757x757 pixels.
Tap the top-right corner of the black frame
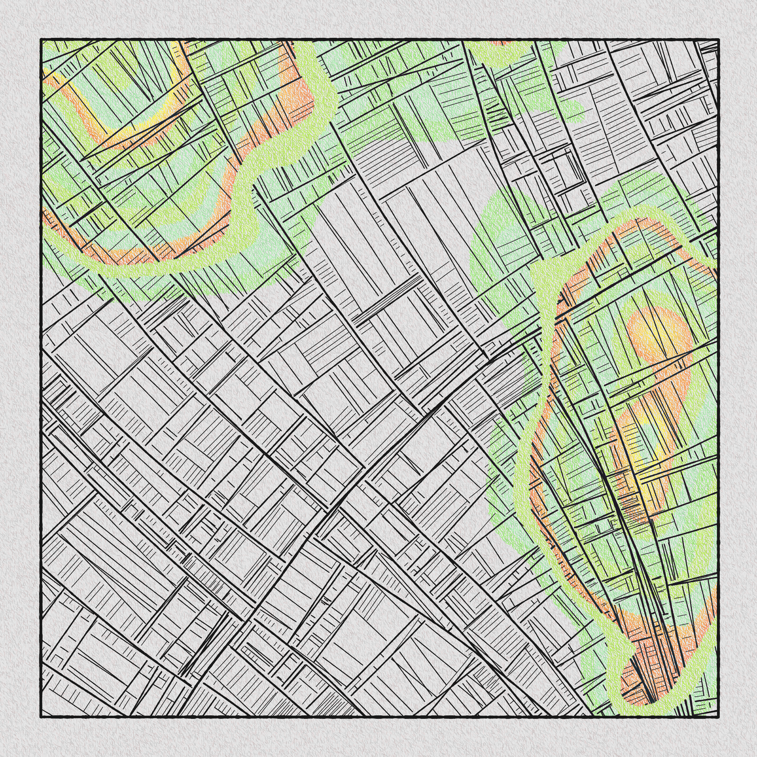pyautogui.click(x=718, y=39)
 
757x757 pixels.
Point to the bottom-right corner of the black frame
pyautogui.click(x=718, y=717)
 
